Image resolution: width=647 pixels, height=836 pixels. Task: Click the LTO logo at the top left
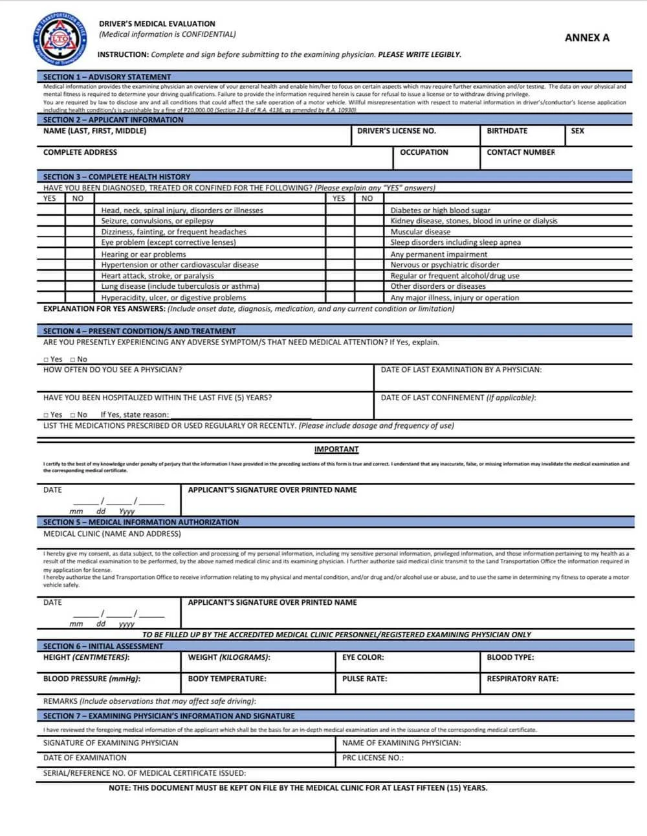pyautogui.click(x=56, y=40)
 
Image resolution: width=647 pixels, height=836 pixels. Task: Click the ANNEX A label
pyautogui.click(x=587, y=38)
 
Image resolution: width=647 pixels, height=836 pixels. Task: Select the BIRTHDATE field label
pyautogui.click(x=507, y=131)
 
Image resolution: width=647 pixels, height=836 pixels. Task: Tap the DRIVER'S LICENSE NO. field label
pyautogui.click(x=397, y=131)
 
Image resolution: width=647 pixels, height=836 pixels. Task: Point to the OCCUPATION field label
pyautogui.click(x=424, y=152)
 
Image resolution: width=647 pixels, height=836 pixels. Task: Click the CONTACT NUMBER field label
pyautogui.click(x=521, y=152)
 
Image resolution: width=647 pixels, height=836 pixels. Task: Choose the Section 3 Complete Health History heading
pyautogui.click(x=116, y=177)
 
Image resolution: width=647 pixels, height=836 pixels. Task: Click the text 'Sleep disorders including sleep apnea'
pyautogui.click(x=455, y=242)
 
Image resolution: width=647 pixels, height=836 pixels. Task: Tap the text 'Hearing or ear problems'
pyautogui.click(x=144, y=254)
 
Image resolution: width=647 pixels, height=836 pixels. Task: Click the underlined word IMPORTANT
pyautogui.click(x=336, y=449)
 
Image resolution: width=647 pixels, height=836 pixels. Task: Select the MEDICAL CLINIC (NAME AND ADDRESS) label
pyautogui.click(x=112, y=534)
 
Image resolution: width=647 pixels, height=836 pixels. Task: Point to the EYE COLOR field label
pyautogui.click(x=363, y=657)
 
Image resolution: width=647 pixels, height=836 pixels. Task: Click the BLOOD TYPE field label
pyautogui.click(x=510, y=657)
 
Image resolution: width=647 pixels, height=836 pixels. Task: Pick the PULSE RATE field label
pyautogui.click(x=365, y=679)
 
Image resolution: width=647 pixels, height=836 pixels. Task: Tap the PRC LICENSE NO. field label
pyautogui.click(x=373, y=758)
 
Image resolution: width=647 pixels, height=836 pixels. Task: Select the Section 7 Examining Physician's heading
pyautogui.click(x=169, y=716)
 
